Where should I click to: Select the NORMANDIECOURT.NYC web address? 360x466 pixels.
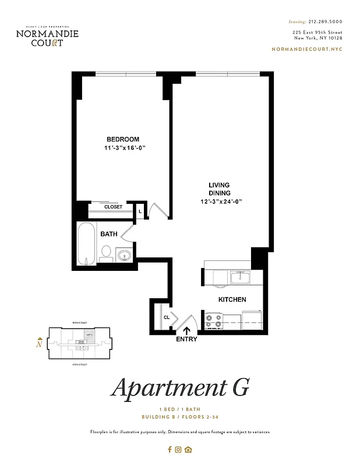(x=307, y=50)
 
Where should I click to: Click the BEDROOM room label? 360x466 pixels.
(x=122, y=139)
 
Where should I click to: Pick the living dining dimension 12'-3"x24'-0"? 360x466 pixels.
(x=220, y=202)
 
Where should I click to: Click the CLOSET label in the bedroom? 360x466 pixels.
(x=113, y=207)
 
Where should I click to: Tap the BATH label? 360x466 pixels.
(x=109, y=234)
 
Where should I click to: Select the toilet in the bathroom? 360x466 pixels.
(x=106, y=252)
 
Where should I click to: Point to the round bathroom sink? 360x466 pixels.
(x=124, y=255)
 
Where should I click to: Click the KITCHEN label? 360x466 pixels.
(x=232, y=299)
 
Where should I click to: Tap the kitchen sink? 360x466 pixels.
(x=239, y=278)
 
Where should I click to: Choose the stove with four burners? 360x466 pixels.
(x=214, y=320)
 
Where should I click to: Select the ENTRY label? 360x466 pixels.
(x=186, y=340)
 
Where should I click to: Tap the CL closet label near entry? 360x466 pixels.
(x=166, y=317)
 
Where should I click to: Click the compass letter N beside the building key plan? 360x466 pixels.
(x=39, y=343)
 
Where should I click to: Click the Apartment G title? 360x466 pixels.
(x=180, y=387)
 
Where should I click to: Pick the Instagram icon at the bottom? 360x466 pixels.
(x=179, y=449)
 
